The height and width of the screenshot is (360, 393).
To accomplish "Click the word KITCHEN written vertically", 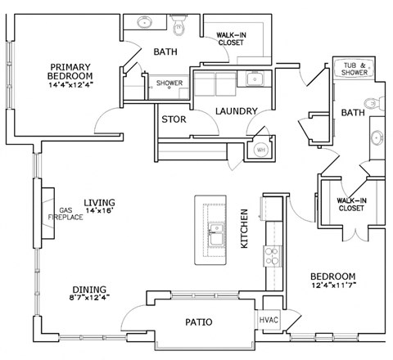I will (x=243, y=229).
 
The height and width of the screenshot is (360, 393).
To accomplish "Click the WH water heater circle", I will (x=261, y=150).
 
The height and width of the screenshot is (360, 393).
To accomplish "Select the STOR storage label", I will (x=173, y=119).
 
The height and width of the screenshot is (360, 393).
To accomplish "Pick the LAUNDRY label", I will (x=237, y=111).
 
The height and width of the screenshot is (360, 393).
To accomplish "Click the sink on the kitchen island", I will (x=216, y=232).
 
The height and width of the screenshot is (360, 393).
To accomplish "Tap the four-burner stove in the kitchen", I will (x=269, y=259).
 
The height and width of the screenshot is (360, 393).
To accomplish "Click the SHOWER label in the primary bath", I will (x=169, y=83).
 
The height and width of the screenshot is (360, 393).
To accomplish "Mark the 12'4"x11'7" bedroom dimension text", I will (x=332, y=286).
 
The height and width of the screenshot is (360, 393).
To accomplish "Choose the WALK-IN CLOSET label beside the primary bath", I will (x=231, y=38).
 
